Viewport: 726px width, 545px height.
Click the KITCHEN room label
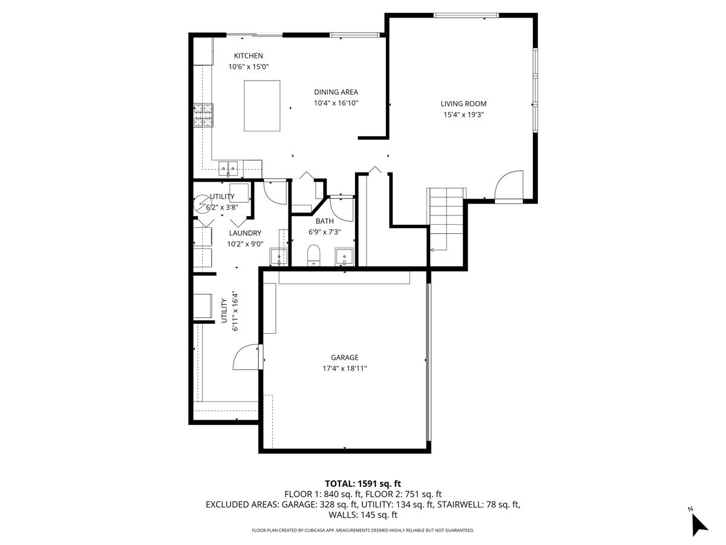point(249,56)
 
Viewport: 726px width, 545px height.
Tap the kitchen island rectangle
point(262,105)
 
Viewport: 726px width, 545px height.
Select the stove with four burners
point(204,115)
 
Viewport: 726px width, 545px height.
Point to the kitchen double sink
point(229,166)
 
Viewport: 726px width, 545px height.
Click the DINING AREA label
point(336,92)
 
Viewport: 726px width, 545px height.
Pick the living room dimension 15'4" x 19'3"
point(463,114)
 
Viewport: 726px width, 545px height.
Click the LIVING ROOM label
point(463,104)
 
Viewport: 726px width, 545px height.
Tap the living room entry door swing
point(509,185)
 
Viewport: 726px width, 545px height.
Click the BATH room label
point(324,221)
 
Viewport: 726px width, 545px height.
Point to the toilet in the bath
point(313,255)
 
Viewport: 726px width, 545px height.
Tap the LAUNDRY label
point(245,233)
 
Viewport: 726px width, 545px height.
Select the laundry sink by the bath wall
point(279,256)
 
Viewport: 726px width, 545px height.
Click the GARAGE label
point(344,357)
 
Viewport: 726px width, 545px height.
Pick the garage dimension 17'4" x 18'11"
point(344,368)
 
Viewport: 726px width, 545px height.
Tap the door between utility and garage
point(247,357)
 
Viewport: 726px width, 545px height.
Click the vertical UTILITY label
point(224,311)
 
